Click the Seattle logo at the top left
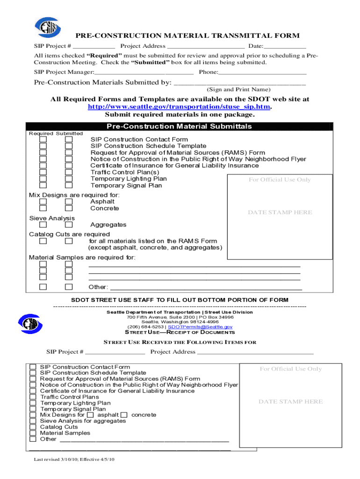click(46, 28)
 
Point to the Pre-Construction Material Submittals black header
click(180, 126)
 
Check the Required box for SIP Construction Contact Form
click(43, 139)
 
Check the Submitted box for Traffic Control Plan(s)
click(69, 172)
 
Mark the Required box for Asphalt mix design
click(43, 202)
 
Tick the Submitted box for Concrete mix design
click(69, 209)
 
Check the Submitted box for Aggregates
click(69, 225)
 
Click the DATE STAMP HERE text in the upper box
click(280, 212)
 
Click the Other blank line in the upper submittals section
click(206, 287)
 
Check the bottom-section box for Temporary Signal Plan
click(33, 409)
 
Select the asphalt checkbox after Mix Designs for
click(91, 415)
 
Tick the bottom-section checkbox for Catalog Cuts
click(33, 427)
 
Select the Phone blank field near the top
click(262, 72)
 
